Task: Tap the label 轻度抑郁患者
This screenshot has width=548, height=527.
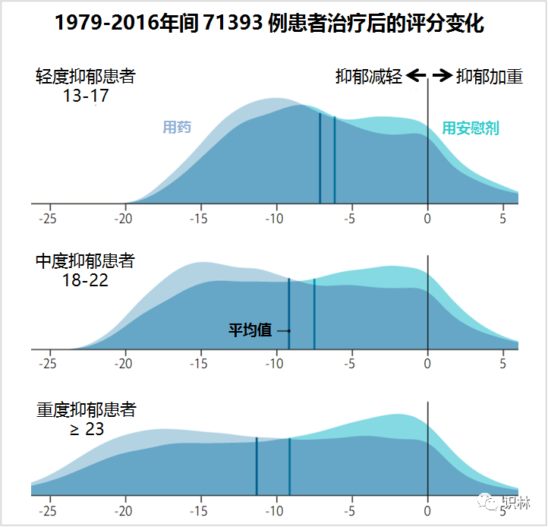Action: coord(85,77)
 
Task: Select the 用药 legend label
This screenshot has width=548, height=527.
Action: coord(177,127)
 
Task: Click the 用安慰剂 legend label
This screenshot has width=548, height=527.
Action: coord(471,128)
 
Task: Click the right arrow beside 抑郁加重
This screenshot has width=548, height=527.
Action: coord(442,75)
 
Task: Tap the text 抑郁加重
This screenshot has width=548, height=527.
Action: coord(490,77)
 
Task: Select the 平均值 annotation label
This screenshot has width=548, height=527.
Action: coord(250,330)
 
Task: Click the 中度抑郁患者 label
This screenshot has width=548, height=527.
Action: coord(85,261)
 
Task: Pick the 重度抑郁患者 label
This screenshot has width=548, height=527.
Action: coord(86,410)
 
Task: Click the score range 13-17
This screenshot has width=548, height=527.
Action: coord(86,96)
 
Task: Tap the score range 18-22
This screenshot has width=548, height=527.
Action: coord(86,280)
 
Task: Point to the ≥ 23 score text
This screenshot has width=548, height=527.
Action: coord(87,429)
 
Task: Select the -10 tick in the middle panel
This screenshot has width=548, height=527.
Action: coord(274,364)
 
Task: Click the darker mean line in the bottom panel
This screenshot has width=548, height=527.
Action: coord(257,466)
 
